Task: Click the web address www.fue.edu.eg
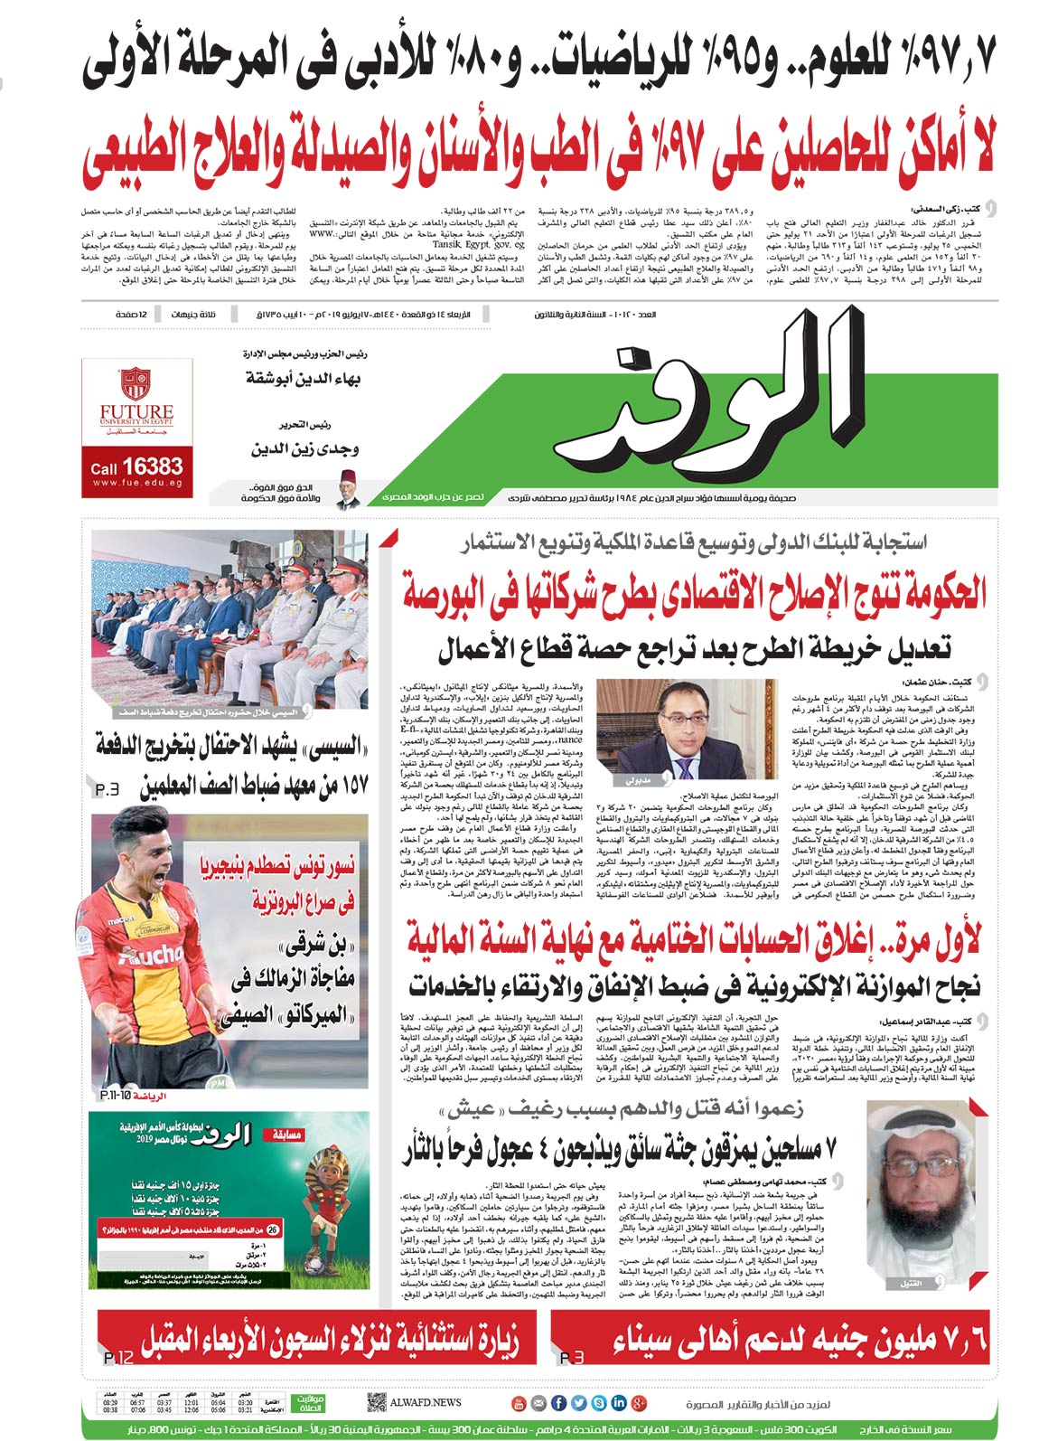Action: pos(136,484)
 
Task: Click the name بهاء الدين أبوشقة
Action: pos(303,378)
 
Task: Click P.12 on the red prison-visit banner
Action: pos(118,1358)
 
